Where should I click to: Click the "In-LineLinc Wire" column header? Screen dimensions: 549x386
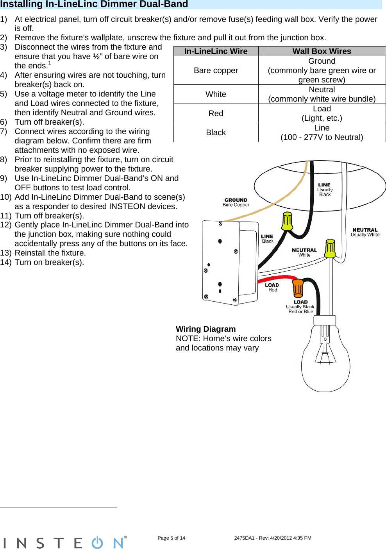point(216,51)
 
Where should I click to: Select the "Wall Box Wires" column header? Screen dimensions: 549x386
point(322,51)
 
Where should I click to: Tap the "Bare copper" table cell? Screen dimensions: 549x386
point(216,70)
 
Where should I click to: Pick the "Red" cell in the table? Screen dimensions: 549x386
point(216,113)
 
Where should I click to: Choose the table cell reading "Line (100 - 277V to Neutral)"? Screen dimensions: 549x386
point(322,132)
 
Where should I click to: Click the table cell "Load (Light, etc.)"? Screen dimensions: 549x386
point(322,113)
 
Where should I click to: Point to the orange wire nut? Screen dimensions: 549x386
point(298,288)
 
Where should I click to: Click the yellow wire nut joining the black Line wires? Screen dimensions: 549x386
point(287,221)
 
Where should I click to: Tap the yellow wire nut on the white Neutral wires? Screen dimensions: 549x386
point(330,248)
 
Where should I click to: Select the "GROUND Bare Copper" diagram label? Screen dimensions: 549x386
point(236,202)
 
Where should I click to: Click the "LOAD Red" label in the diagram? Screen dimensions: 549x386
point(272,287)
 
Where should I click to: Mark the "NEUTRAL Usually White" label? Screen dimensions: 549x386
point(365,232)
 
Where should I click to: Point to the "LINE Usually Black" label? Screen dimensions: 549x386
point(325,190)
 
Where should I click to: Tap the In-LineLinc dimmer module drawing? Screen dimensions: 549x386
point(229,262)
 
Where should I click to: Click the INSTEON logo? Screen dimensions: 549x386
point(64,542)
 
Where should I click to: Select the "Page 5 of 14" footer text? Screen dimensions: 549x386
point(171,538)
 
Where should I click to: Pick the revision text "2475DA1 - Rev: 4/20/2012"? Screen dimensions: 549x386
point(272,538)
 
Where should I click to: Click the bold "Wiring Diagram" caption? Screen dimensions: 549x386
point(206,329)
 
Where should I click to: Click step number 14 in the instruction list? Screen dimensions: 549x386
point(5,262)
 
